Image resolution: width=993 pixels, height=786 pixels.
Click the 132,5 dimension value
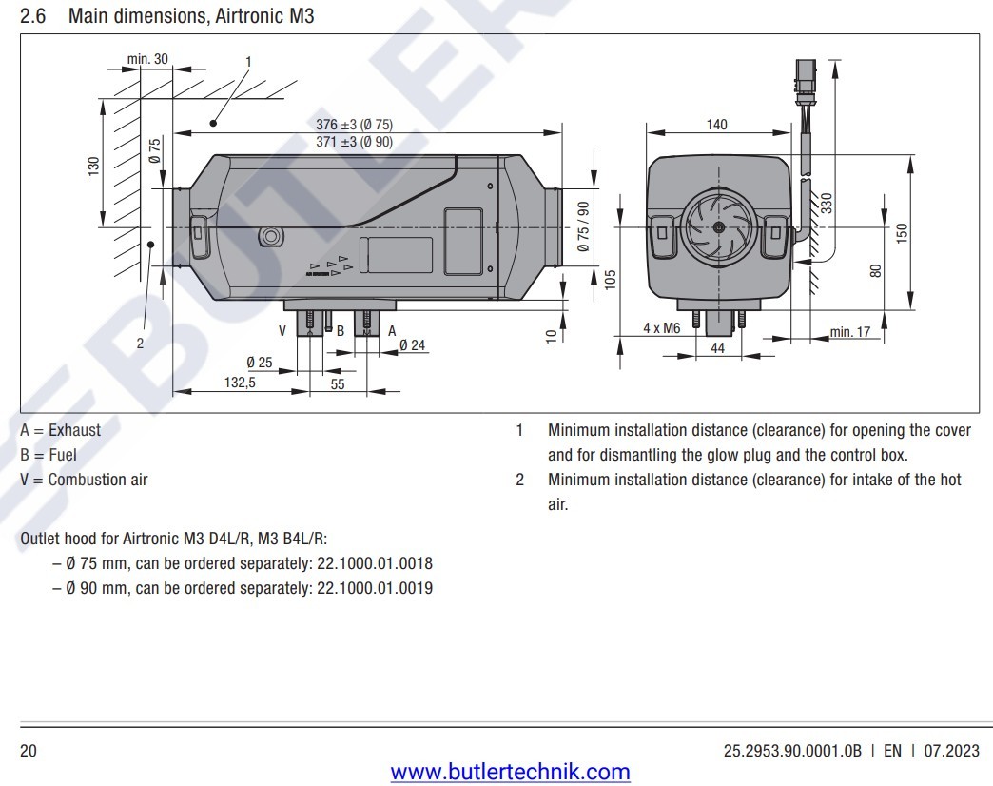240,383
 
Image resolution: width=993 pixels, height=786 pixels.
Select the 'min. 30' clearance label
147,59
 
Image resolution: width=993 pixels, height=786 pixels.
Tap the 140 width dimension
717,124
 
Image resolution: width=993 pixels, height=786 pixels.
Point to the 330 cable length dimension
826,204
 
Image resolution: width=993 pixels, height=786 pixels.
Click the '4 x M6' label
662,328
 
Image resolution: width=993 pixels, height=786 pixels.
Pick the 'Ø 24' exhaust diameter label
412,345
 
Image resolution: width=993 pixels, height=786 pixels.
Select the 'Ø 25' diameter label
260,363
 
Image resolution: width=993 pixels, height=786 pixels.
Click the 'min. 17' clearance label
850,332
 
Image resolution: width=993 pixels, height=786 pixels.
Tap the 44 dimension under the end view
717,348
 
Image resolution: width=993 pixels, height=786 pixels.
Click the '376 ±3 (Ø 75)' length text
354,125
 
